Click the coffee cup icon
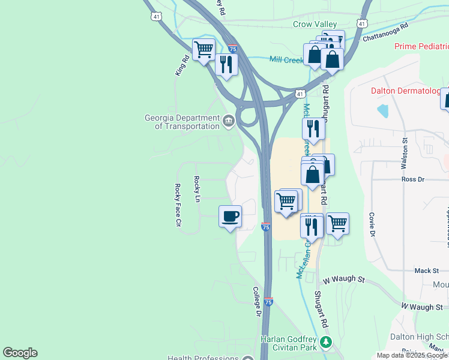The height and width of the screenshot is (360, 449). (x=230, y=216)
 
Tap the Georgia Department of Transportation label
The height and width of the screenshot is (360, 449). (x=182, y=122)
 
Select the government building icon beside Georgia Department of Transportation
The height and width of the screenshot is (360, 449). (x=229, y=122)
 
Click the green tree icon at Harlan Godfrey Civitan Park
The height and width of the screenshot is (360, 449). (x=326, y=343)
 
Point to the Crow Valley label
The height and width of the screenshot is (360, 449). (x=315, y=24)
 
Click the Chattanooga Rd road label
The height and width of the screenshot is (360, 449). (x=385, y=32)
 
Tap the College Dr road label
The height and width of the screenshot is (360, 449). (x=258, y=301)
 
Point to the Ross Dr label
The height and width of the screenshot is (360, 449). (x=412, y=179)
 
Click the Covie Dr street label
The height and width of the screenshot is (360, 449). (x=372, y=224)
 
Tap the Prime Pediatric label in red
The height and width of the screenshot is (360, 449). (x=421, y=46)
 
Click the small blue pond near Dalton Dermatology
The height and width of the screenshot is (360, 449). (x=382, y=110)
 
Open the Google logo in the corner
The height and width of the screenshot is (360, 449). (x=20, y=353)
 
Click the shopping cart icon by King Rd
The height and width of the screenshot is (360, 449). (x=204, y=49)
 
